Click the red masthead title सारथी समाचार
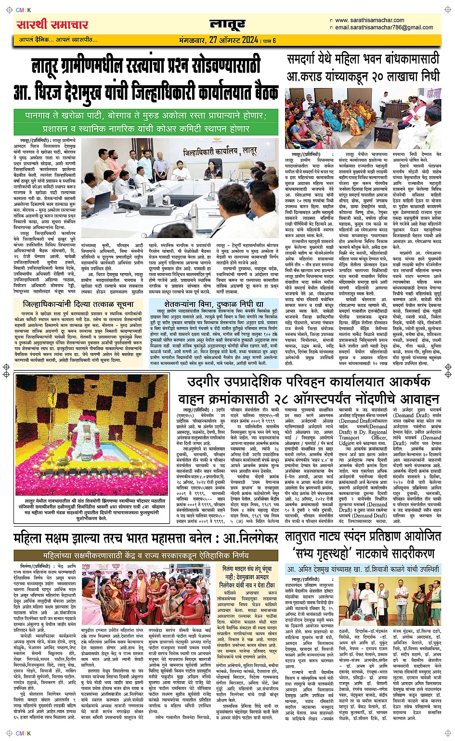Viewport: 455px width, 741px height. pyautogui.click(x=52, y=25)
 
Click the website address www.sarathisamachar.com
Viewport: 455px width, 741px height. pyautogui.click(x=369, y=20)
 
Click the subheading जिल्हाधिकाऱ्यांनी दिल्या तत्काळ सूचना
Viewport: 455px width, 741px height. pyautogui.click(x=78, y=304)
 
